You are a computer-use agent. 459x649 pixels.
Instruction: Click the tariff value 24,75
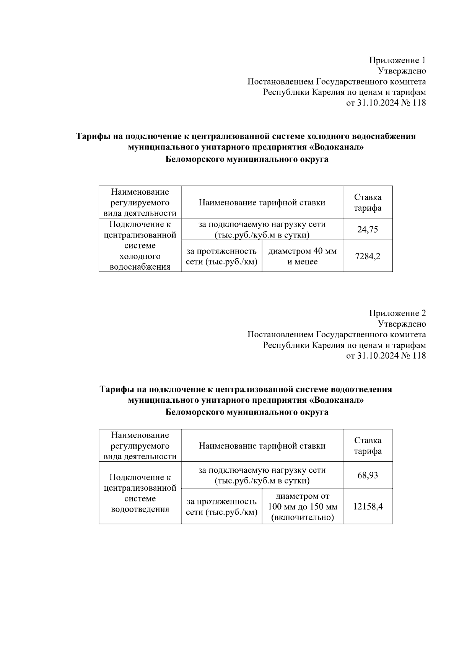coord(368,229)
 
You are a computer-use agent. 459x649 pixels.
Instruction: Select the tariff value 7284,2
coord(368,256)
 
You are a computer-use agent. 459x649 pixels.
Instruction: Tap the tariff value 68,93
coord(368,475)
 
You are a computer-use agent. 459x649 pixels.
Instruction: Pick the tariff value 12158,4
coord(368,507)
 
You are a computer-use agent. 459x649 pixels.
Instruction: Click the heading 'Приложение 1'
coord(397,60)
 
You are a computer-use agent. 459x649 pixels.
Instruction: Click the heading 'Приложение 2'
coord(397,313)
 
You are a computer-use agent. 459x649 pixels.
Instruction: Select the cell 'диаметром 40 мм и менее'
coord(302,256)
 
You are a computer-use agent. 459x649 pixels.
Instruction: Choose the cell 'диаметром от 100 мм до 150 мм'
coord(302,507)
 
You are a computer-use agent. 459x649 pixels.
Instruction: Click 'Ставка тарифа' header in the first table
coord(368,203)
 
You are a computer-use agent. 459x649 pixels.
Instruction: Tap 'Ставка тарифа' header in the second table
coord(368,446)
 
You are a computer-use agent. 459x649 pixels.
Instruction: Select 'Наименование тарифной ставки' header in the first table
coord(262,203)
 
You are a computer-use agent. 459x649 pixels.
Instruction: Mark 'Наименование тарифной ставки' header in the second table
coord(262,446)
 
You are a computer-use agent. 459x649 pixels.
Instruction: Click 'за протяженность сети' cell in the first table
coord(221,256)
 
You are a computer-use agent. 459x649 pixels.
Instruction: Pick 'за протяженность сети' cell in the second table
coord(221,507)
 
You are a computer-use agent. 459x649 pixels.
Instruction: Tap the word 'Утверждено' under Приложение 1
coord(402,71)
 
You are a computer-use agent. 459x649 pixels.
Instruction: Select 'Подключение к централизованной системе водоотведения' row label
coord(140,493)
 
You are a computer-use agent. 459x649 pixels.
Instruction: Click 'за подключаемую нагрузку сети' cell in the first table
coord(262,229)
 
